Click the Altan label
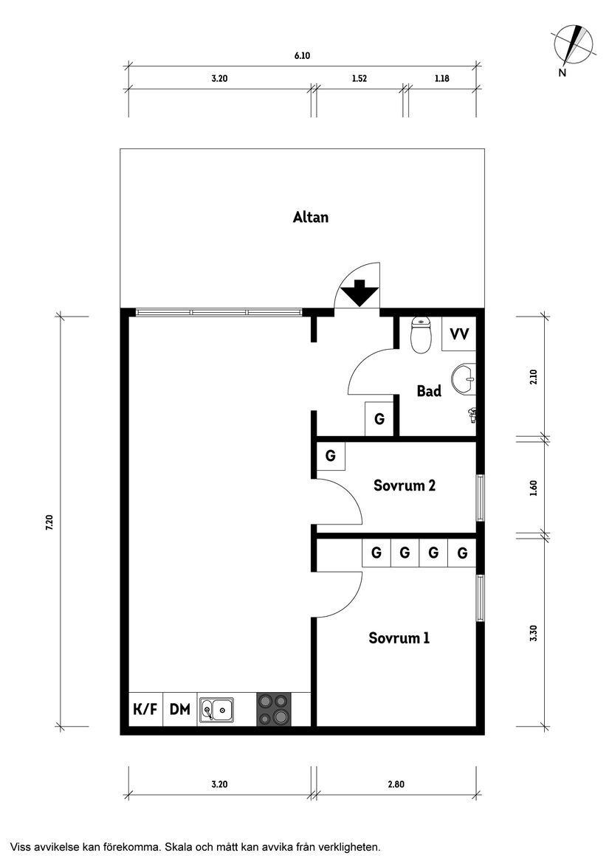pyautogui.click(x=310, y=217)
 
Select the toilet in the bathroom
pyautogui.click(x=420, y=336)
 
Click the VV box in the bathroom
pyautogui.click(x=458, y=334)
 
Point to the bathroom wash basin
pyautogui.click(x=466, y=378)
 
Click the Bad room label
pyautogui.click(x=429, y=391)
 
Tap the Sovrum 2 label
pyautogui.click(x=404, y=485)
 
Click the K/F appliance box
pyautogui.click(x=145, y=710)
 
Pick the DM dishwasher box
pyautogui.click(x=180, y=710)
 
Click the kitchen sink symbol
pyautogui.click(x=216, y=710)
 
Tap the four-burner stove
pyautogui.click(x=273, y=710)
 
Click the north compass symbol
pyautogui.click(x=574, y=46)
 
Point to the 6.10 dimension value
pyautogui.click(x=300, y=55)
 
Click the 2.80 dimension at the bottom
pyautogui.click(x=396, y=784)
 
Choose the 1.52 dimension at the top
pyautogui.click(x=359, y=78)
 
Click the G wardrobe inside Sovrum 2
pyautogui.click(x=331, y=456)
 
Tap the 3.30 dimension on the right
pyautogui.click(x=534, y=633)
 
